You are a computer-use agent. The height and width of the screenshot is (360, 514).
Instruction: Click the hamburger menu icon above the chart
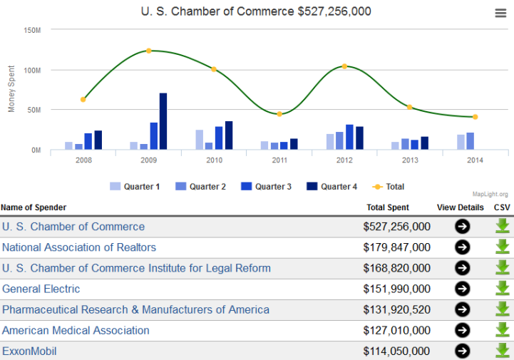(x=500, y=13)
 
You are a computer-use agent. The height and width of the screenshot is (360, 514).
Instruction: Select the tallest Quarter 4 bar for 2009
(x=163, y=121)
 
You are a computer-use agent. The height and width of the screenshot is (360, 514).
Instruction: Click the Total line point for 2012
(x=344, y=66)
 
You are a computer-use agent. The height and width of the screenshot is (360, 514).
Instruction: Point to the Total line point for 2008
(x=83, y=100)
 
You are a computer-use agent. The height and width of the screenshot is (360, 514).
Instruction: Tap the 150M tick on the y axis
(x=32, y=31)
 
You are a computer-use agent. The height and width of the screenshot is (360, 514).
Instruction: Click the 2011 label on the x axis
(x=279, y=160)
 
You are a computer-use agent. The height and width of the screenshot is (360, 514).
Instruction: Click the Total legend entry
(x=389, y=187)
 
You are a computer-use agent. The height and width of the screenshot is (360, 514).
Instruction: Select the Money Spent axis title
(x=11, y=91)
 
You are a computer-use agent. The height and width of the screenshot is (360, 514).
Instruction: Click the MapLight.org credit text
(x=490, y=194)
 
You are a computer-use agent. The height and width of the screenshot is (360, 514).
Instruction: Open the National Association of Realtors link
(x=79, y=247)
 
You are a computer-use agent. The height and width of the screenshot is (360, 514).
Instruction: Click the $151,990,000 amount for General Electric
(x=396, y=289)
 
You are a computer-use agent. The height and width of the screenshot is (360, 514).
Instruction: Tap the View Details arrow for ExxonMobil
(x=463, y=351)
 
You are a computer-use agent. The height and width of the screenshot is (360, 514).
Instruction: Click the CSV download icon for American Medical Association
(x=503, y=330)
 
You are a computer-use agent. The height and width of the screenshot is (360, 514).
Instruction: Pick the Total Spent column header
(x=388, y=207)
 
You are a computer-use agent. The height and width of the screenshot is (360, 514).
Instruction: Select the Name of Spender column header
(x=34, y=207)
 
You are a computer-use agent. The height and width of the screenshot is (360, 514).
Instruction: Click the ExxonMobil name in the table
(x=29, y=351)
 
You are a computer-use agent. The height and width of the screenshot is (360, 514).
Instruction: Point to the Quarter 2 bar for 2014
(x=471, y=141)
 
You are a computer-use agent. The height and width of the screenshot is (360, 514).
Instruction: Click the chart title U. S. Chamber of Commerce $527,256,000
(x=257, y=12)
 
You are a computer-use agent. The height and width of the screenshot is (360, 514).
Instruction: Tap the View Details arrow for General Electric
(x=463, y=289)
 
